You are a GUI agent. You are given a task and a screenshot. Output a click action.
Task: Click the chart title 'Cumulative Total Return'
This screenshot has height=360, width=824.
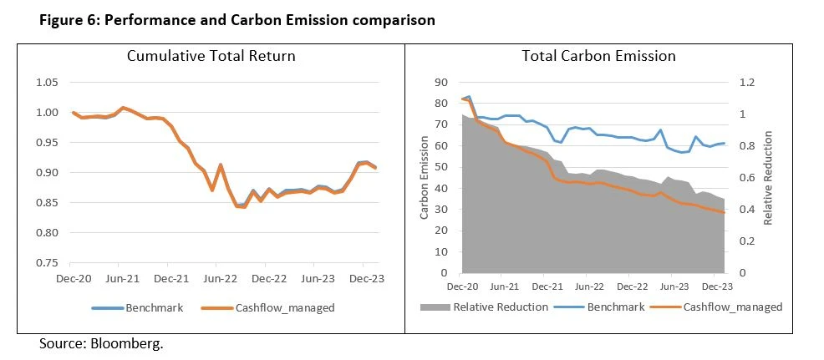pos(211,57)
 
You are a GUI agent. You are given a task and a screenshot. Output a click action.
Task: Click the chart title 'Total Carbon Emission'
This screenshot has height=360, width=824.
pos(598,57)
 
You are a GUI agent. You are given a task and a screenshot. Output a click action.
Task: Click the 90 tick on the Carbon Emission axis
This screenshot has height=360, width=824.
pos(444,83)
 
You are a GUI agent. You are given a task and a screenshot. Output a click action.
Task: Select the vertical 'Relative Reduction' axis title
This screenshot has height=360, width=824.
pos(768,179)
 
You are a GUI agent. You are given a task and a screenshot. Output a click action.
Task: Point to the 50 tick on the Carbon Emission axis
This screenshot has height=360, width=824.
pos(444,167)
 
